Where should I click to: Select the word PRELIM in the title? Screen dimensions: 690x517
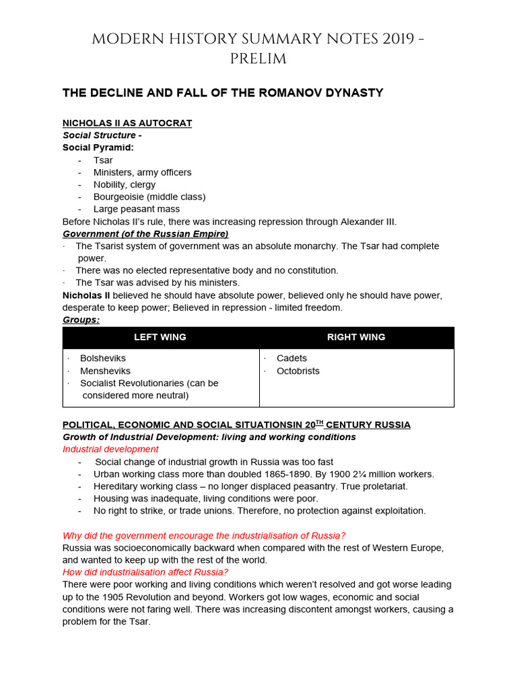pyautogui.click(x=258, y=59)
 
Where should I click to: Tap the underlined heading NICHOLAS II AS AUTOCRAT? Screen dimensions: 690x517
pyautogui.click(x=127, y=123)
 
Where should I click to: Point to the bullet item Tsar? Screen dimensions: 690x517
pyautogui.click(x=103, y=160)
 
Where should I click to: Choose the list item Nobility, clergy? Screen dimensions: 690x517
pyautogui.click(x=125, y=185)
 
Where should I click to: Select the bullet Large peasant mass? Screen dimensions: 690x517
pyautogui.click(x=137, y=209)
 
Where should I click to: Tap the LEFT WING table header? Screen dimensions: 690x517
pyautogui.click(x=160, y=338)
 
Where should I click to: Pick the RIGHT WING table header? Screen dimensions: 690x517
pyautogui.click(x=356, y=338)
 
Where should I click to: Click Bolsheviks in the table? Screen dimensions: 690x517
pyautogui.click(x=103, y=358)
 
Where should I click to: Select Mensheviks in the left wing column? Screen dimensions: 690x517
pyautogui.click(x=105, y=371)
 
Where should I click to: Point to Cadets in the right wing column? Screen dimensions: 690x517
pyautogui.click(x=291, y=358)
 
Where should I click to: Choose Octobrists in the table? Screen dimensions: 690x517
pyautogui.click(x=298, y=371)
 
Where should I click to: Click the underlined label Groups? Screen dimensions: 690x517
pyautogui.click(x=81, y=319)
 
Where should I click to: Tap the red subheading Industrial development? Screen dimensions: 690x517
pyautogui.click(x=110, y=449)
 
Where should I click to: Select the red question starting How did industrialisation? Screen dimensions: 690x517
pyautogui.click(x=145, y=572)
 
